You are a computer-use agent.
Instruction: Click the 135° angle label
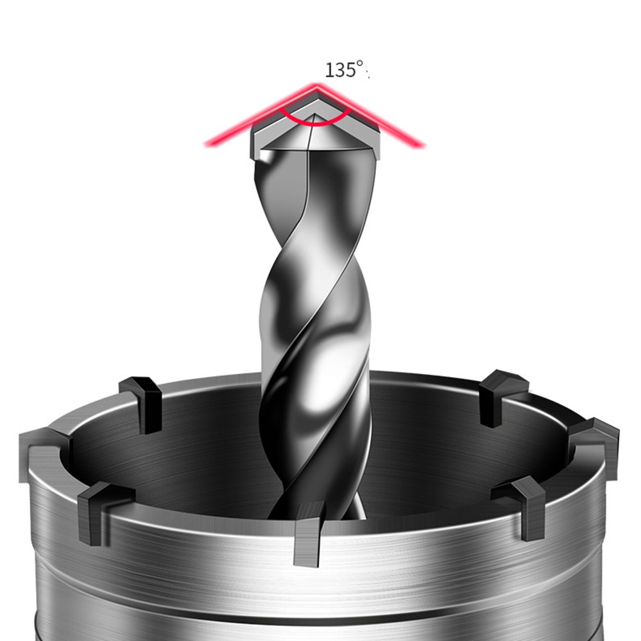[345, 69]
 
